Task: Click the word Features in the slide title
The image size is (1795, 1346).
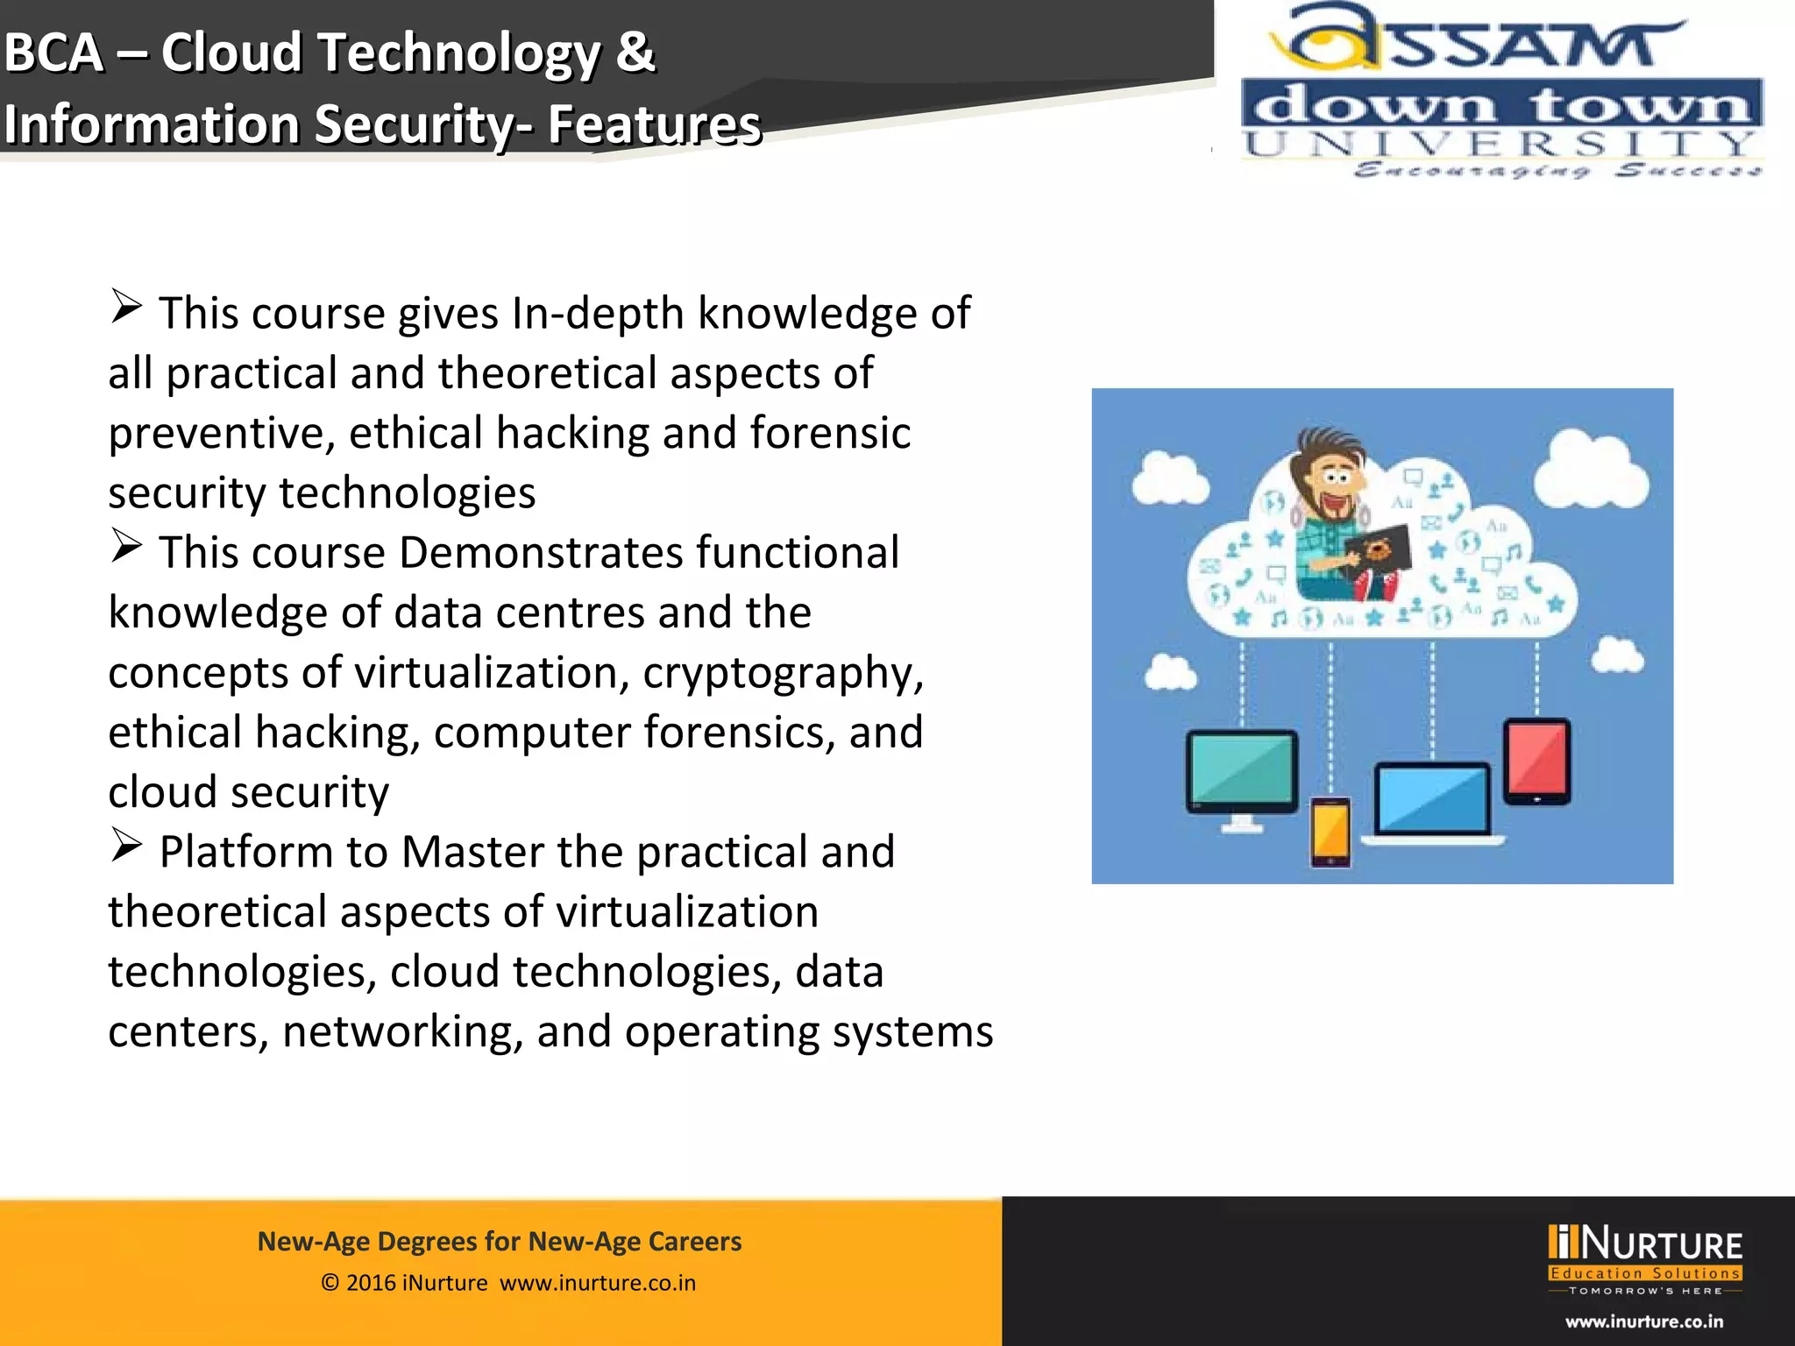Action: coord(654,124)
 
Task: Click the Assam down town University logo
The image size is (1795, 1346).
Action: coord(1501,92)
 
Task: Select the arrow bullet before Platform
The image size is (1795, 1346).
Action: coord(127,846)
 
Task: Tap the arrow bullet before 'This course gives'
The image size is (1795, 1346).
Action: coord(127,307)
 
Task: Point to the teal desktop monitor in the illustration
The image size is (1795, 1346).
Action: coord(1241,770)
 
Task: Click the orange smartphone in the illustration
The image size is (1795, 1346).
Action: coord(1330,831)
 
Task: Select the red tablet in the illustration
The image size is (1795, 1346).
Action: coord(1537,759)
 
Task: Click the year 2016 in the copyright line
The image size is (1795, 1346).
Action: coord(371,1283)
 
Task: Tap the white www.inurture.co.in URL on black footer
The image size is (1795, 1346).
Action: coord(1644,1321)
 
